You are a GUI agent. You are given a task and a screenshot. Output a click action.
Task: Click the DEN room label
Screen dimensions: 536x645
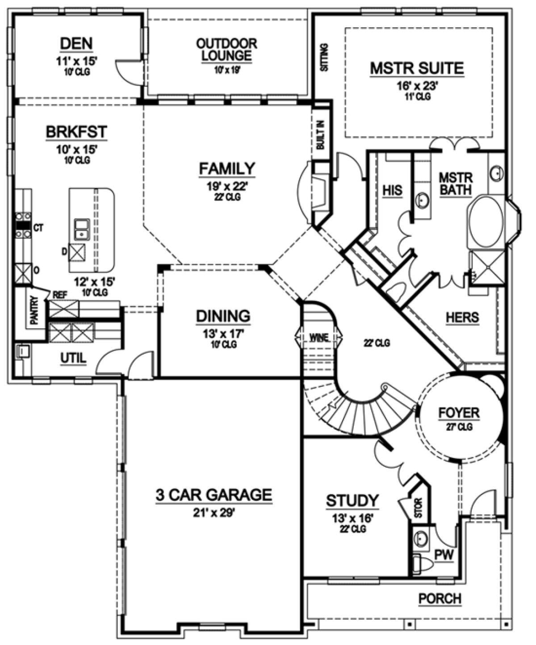[76, 44]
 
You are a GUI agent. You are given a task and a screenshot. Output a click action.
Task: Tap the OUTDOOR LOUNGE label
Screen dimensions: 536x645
[226, 50]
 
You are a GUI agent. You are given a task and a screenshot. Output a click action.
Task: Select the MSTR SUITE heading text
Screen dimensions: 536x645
[417, 68]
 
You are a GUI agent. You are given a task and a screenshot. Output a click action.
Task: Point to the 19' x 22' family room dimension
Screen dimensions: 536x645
[227, 186]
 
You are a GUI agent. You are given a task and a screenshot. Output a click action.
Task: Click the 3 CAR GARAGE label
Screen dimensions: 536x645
[214, 494]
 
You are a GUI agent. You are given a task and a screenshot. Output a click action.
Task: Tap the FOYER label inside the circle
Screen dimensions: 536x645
[459, 413]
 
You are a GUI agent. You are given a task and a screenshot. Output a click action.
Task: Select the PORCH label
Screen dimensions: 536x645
[440, 599]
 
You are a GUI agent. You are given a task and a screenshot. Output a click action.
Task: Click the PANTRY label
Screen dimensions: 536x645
[34, 310]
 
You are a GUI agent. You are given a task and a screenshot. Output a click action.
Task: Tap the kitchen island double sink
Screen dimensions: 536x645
[82, 229]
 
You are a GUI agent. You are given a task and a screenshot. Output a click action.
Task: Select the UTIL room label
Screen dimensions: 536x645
[73, 358]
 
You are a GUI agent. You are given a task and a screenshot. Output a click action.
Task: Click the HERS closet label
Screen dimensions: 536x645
[462, 317]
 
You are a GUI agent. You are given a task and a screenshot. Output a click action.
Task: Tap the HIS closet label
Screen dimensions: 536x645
[393, 190]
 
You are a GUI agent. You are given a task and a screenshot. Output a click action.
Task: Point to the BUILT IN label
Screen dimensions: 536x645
[321, 135]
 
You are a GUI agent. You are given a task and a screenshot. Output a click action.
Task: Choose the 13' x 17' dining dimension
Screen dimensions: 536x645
[224, 334]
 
